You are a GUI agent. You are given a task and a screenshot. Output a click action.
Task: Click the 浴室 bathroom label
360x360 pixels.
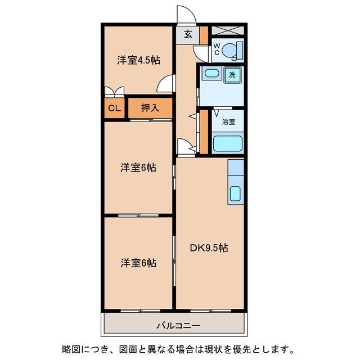tap(228, 121)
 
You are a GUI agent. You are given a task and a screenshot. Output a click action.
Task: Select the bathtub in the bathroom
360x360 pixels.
tap(228, 144)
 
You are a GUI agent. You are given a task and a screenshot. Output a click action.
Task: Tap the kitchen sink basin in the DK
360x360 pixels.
tap(236, 195)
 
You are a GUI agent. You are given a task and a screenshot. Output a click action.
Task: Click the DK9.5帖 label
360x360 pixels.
tap(209, 247)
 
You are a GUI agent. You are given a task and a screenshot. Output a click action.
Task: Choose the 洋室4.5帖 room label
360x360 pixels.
tap(137, 61)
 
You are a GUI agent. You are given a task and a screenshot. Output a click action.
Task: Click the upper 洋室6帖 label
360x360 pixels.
tap(138, 167)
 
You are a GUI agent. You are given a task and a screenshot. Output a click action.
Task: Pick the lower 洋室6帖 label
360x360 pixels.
tap(138, 263)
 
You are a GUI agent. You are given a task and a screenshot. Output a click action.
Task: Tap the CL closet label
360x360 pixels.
tap(114, 109)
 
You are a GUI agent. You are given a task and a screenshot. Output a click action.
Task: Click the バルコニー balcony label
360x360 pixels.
tap(174, 326)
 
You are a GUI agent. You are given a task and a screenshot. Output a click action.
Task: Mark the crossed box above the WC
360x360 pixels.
tap(228, 31)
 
